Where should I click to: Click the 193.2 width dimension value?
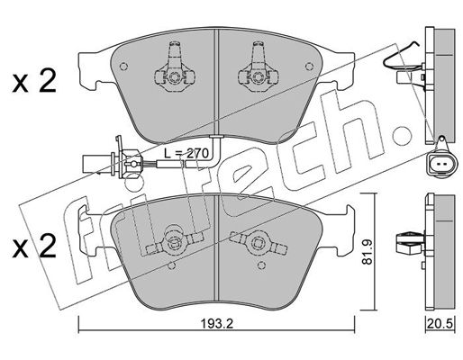point(217,323)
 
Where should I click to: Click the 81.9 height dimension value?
point(368,251)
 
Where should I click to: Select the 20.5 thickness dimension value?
point(440,324)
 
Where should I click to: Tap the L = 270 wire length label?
point(186,154)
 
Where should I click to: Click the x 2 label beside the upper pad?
point(34,81)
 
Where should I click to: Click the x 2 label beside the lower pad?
point(34,247)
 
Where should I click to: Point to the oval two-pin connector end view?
point(442,164)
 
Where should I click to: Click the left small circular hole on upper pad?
point(123,67)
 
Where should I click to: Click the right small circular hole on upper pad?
point(309,67)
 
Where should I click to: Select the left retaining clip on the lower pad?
point(174,239)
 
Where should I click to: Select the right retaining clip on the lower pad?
point(258,241)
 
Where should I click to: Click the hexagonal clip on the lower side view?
point(410,242)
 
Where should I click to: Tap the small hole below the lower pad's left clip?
point(171,265)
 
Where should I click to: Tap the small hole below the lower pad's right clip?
point(261,265)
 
